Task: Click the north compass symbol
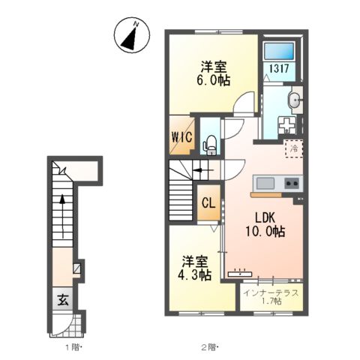tap(132, 35)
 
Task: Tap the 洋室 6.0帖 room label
tap(214, 73)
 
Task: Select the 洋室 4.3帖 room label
tap(195, 268)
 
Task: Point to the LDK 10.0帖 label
tap(265, 224)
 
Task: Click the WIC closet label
tap(181, 136)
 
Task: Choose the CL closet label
tap(208, 203)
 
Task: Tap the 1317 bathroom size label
tap(279, 68)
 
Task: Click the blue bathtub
tap(279, 51)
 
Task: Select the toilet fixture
tap(211, 145)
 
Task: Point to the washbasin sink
tap(295, 100)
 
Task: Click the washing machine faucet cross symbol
tap(286, 124)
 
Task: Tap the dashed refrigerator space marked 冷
tap(294, 148)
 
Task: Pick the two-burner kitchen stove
tap(292, 184)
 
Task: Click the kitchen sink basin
tap(265, 184)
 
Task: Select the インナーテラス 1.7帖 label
tap(271, 297)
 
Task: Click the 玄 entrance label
tap(63, 300)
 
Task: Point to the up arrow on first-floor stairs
tap(62, 216)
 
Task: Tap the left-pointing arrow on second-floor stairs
tap(202, 170)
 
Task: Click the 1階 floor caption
tap(73, 346)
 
